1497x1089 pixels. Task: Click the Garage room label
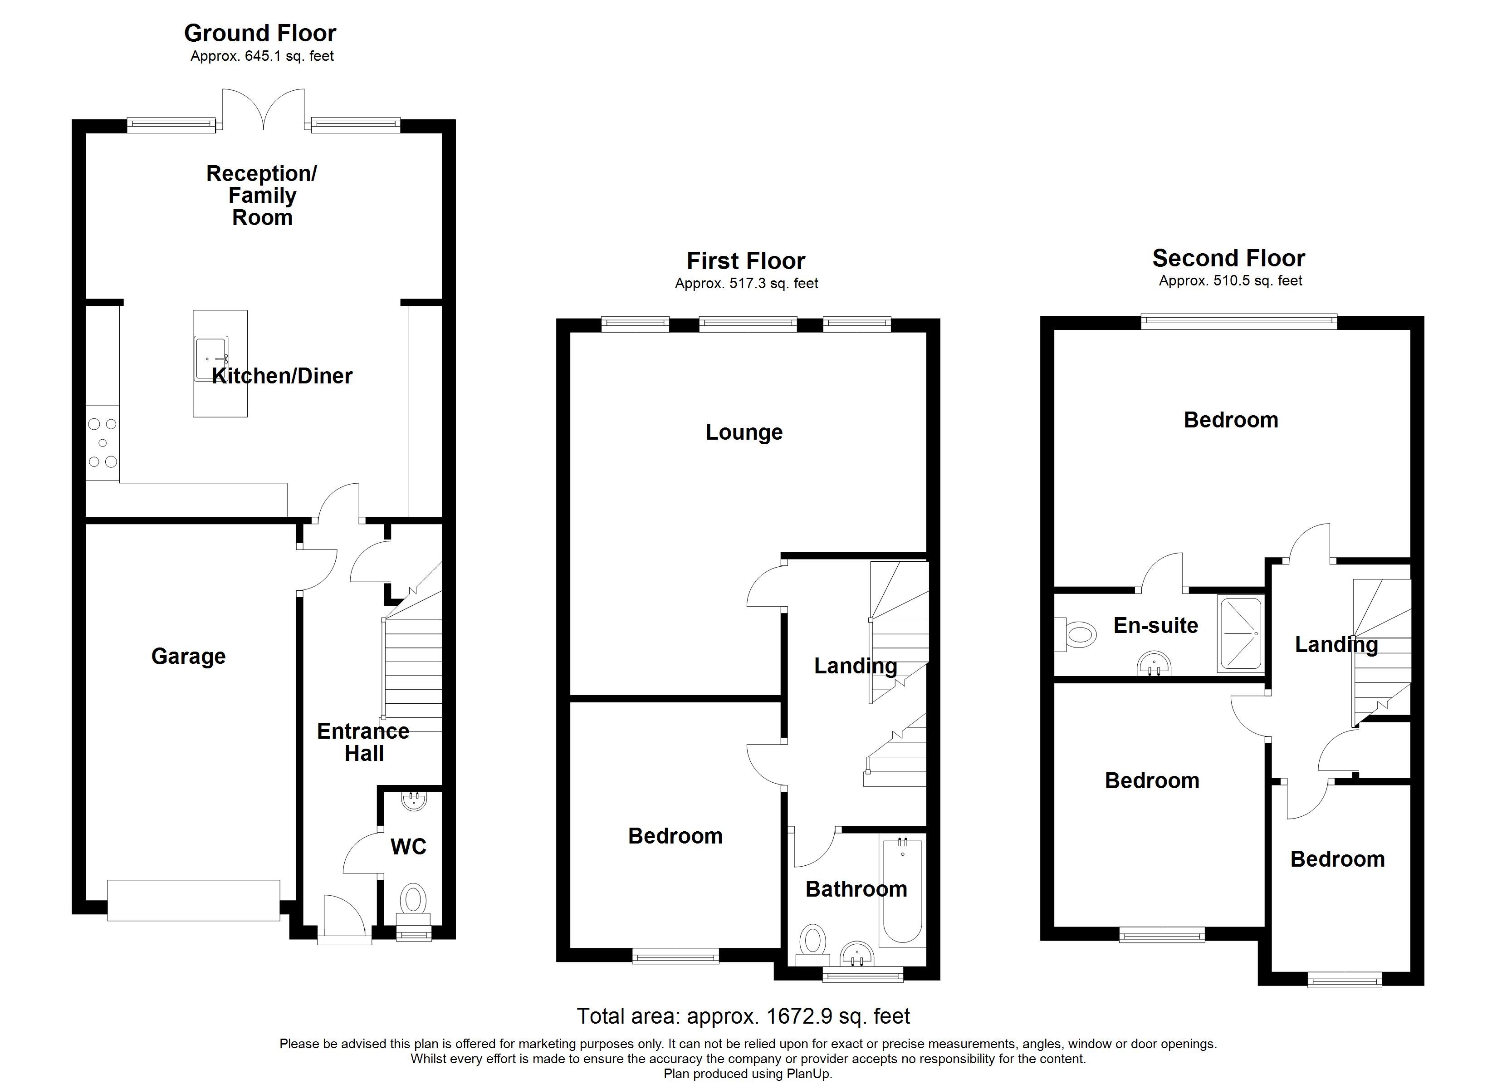(188, 657)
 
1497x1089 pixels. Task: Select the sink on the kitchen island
(210, 358)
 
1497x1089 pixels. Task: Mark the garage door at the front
(193, 900)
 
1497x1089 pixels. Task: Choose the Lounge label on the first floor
(744, 432)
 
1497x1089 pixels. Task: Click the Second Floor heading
(1228, 258)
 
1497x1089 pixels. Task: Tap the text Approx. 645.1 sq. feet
(262, 56)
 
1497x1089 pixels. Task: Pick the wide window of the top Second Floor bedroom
(1239, 322)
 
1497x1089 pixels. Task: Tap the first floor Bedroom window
(675, 956)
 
